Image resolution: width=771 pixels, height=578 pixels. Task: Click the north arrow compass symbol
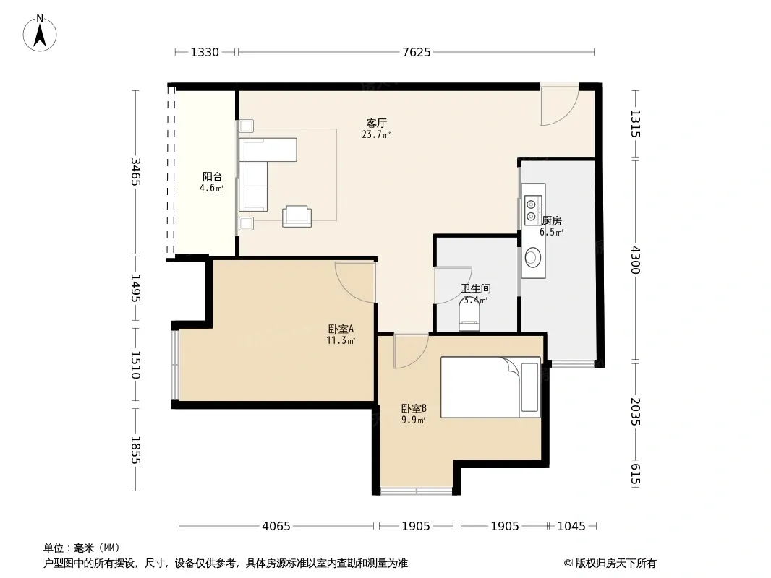pyautogui.click(x=40, y=33)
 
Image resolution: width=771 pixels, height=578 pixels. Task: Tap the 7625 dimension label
pyautogui.click(x=417, y=52)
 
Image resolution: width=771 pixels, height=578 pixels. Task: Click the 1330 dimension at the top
pyautogui.click(x=205, y=52)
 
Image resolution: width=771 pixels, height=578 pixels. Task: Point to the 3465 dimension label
pyautogui.click(x=136, y=172)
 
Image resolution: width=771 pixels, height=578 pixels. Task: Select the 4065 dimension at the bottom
pyautogui.click(x=276, y=527)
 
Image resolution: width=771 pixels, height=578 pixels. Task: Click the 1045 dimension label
pyautogui.click(x=571, y=527)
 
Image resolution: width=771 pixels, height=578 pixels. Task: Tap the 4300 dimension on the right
pyautogui.click(x=635, y=260)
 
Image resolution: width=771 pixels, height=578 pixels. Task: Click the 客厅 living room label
pyautogui.click(x=377, y=123)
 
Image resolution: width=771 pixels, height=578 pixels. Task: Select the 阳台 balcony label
pyautogui.click(x=212, y=177)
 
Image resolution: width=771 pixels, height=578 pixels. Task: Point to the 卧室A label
pyautogui.click(x=341, y=329)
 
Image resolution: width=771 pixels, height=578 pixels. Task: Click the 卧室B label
pyautogui.click(x=414, y=409)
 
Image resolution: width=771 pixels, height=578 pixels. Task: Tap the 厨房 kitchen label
pyautogui.click(x=552, y=221)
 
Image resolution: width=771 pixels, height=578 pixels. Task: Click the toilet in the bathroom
pyautogui.click(x=469, y=314)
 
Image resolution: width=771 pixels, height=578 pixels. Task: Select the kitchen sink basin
pyautogui.click(x=533, y=256)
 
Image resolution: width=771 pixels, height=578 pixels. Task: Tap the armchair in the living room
pyautogui.click(x=297, y=217)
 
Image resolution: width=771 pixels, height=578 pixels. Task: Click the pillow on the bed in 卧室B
pyautogui.click(x=529, y=387)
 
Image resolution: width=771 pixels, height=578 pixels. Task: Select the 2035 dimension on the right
pyautogui.click(x=635, y=412)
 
